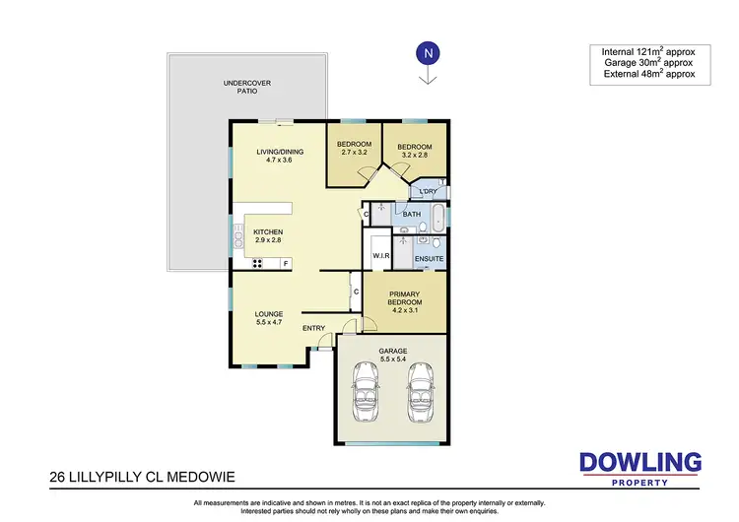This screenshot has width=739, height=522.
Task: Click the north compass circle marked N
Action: click(x=427, y=52)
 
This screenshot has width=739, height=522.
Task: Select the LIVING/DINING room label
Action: click(x=280, y=156)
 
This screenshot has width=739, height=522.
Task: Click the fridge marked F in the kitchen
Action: click(x=285, y=263)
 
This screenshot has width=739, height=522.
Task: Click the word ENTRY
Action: click(x=313, y=328)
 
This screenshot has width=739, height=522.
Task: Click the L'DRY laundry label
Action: click(x=428, y=191)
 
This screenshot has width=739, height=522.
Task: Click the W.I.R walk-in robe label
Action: click(x=381, y=256)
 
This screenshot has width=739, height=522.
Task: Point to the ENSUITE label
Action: click(x=429, y=258)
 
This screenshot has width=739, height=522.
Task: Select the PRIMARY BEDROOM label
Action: click(x=406, y=300)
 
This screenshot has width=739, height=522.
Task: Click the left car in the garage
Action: click(x=367, y=389)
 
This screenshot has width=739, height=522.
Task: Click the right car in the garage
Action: click(x=422, y=389)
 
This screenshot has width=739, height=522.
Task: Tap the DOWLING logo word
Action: click(x=639, y=461)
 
